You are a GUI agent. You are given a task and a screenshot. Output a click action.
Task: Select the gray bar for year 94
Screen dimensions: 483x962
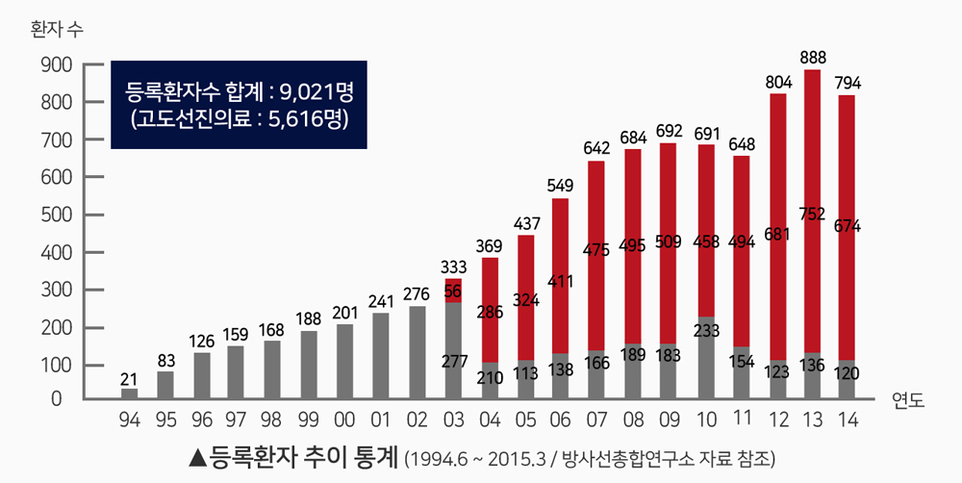pyautogui.click(x=129, y=394)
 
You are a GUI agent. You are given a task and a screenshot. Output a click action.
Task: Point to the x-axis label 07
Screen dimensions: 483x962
pyautogui.click(x=595, y=419)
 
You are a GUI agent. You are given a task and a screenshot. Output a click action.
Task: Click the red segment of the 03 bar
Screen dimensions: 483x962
pyautogui.click(x=453, y=291)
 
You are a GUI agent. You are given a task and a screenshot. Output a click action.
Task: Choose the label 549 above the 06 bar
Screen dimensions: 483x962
pyautogui.click(x=560, y=185)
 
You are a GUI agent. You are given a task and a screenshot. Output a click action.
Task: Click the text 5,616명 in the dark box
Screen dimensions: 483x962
pyautogui.click(x=308, y=120)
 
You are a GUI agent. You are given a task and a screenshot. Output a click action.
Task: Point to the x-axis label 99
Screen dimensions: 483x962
pyautogui.click(x=308, y=419)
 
